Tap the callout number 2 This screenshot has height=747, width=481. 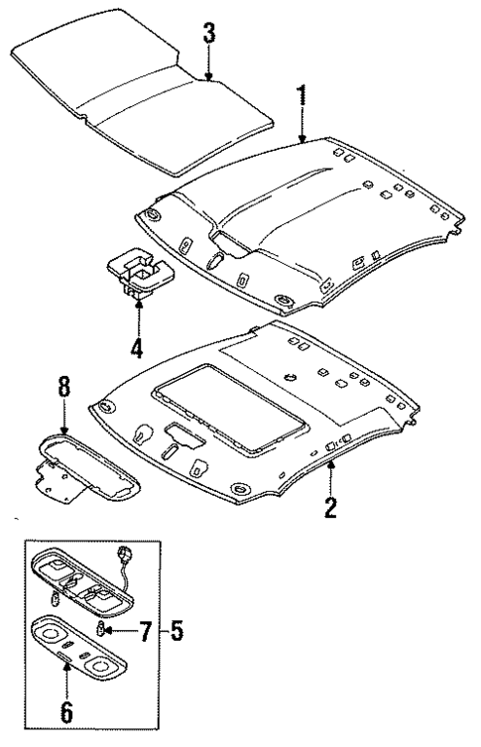[330, 508]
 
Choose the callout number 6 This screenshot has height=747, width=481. [65, 711]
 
